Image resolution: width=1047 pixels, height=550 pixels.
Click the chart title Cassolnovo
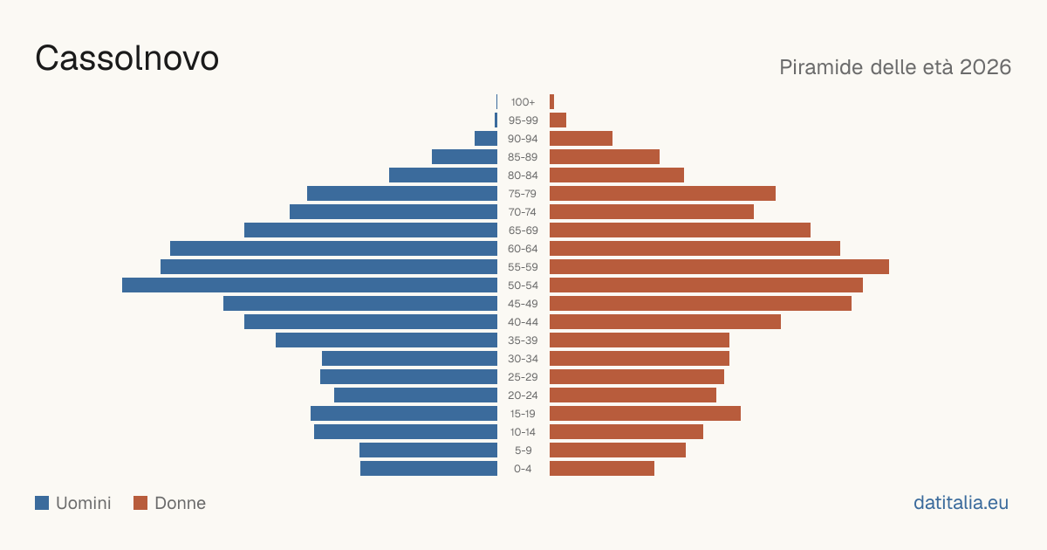click(x=127, y=58)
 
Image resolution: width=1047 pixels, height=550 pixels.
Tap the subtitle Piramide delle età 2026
click(x=895, y=67)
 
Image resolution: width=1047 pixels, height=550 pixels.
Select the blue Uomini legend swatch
click(x=42, y=503)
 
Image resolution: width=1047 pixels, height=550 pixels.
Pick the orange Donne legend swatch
click(x=140, y=503)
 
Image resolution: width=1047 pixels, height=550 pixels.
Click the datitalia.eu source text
click(x=961, y=503)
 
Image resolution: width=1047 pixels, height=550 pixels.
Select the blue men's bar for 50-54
click(x=310, y=285)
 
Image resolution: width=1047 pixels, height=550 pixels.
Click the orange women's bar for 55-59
click(x=719, y=267)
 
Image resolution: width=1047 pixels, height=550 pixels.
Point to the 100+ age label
click(x=523, y=102)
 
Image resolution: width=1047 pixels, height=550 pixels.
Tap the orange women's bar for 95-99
click(x=558, y=120)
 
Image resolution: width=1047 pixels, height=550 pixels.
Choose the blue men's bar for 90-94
click(x=486, y=139)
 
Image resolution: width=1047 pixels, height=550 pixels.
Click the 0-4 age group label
click(x=523, y=469)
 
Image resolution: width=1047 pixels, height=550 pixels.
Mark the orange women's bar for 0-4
click(x=602, y=469)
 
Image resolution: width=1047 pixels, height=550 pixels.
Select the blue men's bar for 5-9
click(x=428, y=450)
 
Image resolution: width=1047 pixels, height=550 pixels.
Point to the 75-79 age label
click(x=523, y=194)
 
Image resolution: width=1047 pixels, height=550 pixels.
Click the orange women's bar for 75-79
click(x=662, y=194)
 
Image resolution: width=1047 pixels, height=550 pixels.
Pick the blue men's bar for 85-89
click(x=464, y=156)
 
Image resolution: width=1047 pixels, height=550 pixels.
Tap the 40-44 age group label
click(x=523, y=322)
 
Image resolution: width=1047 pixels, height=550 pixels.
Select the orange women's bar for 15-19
click(x=645, y=414)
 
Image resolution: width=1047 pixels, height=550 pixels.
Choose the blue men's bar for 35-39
click(x=387, y=340)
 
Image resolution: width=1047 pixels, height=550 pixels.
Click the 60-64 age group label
click(x=523, y=249)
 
